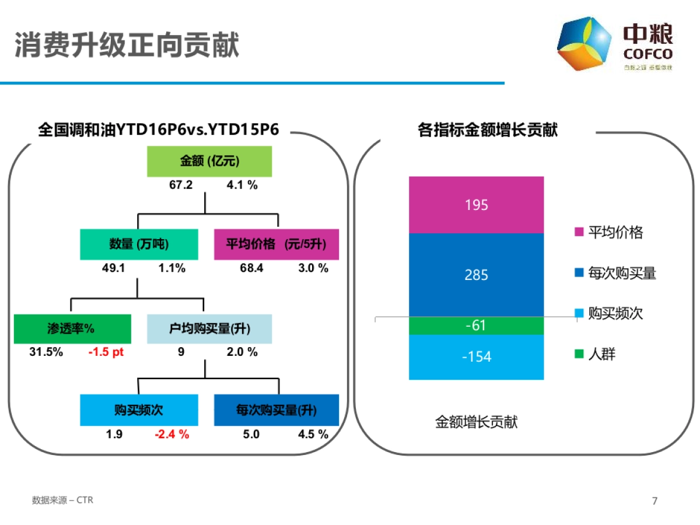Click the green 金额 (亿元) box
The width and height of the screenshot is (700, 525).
[x=209, y=162]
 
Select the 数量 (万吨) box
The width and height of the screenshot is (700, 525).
[x=139, y=244]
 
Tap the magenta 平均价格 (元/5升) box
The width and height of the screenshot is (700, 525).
[x=276, y=244]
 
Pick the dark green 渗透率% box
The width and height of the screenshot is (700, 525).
[x=72, y=329]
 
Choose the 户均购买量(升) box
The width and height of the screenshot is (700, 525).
[x=209, y=329]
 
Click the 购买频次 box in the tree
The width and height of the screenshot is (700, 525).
[x=139, y=410]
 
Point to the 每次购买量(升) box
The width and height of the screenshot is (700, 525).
[x=276, y=410]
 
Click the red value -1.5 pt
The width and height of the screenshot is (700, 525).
[x=106, y=352]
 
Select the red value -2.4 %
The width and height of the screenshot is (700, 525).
[x=172, y=435]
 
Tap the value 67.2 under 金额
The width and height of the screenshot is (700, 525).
[x=181, y=185]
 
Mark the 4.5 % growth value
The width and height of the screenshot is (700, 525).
[x=313, y=435]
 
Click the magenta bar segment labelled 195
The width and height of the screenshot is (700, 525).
[x=476, y=205]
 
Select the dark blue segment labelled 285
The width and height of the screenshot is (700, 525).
[x=476, y=275]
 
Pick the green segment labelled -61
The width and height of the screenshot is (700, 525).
[x=476, y=325]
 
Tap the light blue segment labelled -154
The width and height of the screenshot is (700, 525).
[x=476, y=357]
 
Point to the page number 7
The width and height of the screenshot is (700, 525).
[x=654, y=501]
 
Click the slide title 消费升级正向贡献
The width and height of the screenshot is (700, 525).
[x=127, y=45]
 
